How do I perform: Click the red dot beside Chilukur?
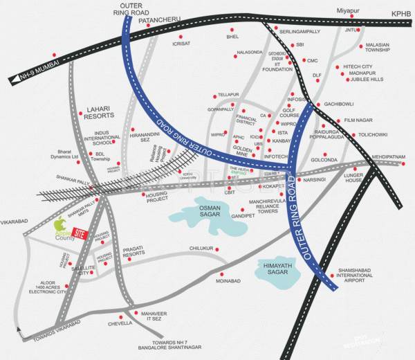[216, 249]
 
